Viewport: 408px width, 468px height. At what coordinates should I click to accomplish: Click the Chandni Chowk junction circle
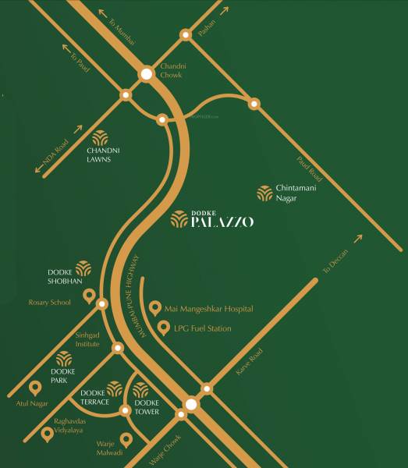147,75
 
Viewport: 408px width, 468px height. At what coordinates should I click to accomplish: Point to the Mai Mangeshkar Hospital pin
154,308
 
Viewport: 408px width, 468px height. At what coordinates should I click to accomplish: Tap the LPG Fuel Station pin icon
164,328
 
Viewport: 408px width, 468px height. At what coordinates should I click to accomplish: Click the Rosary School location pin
89,296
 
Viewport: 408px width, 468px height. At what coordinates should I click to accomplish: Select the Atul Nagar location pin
34,387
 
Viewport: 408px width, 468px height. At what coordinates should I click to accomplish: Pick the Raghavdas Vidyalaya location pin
47,434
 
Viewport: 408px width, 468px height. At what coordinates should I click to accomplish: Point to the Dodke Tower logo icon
141,391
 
